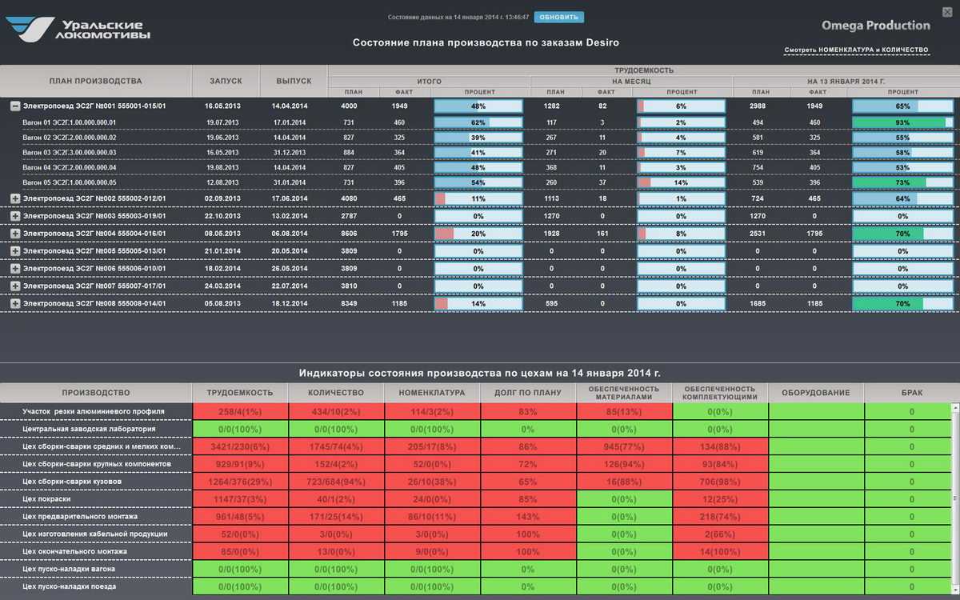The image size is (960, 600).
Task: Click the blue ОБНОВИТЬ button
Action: tap(559, 17)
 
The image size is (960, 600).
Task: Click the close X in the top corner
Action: tap(948, 11)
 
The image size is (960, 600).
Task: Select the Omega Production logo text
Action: tap(876, 26)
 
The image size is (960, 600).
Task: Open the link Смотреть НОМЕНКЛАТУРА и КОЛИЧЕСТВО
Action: tap(856, 50)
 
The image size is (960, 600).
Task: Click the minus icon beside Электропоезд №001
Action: tap(15, 106)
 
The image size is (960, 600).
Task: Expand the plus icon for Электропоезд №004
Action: tap(15, 234)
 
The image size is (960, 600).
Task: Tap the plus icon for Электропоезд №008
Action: tap(15, 304)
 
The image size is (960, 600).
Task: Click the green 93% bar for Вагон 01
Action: tap(902, 122)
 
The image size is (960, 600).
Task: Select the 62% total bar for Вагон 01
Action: tap(478, 122)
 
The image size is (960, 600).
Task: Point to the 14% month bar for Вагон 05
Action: tap(681, 182)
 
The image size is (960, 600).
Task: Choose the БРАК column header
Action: tap(911, 393)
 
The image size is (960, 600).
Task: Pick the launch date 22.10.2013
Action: tap(222, 216)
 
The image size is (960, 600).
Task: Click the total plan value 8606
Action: tap(349, 234)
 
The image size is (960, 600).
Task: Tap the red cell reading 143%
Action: tap(528, 517)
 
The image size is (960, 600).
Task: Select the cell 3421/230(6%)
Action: tap(240, 446)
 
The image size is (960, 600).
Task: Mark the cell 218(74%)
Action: tap(720, 517)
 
